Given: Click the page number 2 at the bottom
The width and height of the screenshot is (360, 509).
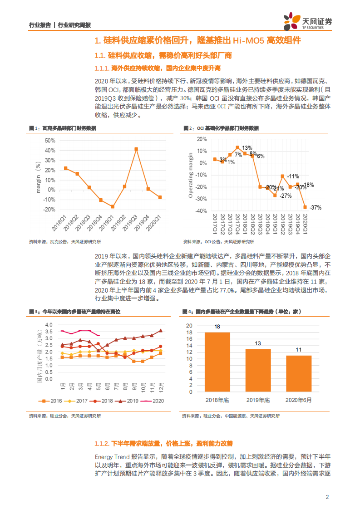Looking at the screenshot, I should tap(327, 497).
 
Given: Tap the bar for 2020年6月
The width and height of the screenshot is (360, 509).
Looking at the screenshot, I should tap(299, 374).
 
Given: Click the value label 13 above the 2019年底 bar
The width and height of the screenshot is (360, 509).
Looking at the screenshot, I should tap(258, 343).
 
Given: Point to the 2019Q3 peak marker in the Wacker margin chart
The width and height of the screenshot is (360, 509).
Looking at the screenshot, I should tap(136, 149).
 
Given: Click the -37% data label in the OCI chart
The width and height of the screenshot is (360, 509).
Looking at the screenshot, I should tap(315, 207).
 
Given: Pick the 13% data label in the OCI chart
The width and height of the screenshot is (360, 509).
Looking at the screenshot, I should tap(247, 148).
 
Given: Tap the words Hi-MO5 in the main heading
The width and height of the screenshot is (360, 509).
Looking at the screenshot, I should tap(248, 41).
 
